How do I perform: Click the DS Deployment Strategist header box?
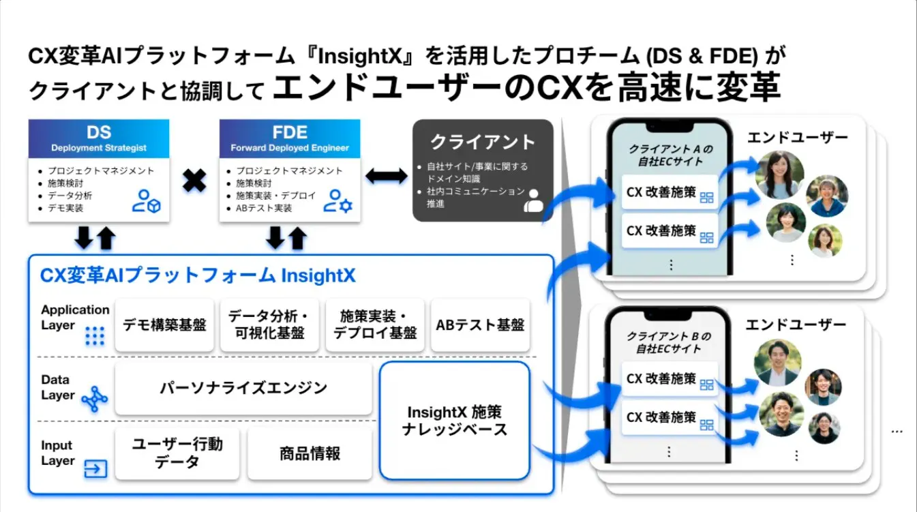click(x=99, y=138)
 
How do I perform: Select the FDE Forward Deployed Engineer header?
click(x=289, y=138)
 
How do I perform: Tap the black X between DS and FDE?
click(x=194, y=181)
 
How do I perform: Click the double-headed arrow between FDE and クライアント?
click(x=386, y=176)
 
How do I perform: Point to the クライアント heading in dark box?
click(x=482, y=142)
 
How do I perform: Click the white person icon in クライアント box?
click(x=532, y=200)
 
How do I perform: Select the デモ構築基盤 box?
click(x=164, y=325)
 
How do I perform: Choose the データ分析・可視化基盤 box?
click(x=269, y=325)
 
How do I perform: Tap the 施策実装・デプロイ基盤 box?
click(x=374, y=325)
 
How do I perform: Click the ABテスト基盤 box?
click(x=480, y=325)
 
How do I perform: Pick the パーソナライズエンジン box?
click(x=243, y=388)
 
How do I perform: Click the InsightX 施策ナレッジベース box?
click(x=454, y=421)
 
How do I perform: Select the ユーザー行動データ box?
click(x=177, y=453)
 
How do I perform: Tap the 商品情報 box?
click(x=310, y=453)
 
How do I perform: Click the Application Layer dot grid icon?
click(x=94, y=336)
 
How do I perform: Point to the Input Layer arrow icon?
click(x=95, y=468)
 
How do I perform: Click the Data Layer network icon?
click(x=95, y=400)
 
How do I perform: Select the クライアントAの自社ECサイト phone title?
click(x=670, y=155)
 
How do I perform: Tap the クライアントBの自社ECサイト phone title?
click(x=669, y=343)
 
